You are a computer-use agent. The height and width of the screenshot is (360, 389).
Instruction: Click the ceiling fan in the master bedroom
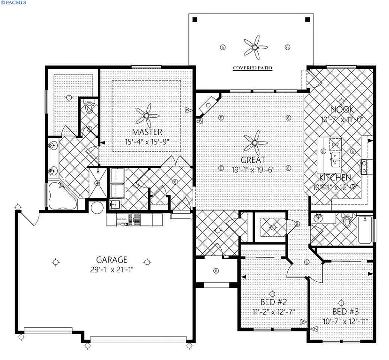146,113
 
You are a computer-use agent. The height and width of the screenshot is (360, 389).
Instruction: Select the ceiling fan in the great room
254,141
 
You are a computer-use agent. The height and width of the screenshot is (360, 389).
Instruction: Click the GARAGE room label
112,260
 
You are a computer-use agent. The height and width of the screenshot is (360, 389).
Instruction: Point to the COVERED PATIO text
253,68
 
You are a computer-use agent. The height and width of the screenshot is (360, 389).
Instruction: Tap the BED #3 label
345,312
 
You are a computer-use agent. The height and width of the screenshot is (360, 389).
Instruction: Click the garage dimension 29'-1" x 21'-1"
112,270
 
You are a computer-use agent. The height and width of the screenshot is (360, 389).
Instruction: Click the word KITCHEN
335,178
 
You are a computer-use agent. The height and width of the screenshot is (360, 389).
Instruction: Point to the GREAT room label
254,159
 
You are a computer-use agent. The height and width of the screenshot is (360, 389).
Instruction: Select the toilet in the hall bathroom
347,222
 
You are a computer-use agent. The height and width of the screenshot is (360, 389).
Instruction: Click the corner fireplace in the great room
206,105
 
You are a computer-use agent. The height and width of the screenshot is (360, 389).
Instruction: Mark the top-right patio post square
307,20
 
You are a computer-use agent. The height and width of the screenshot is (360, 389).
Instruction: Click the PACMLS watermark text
14,3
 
